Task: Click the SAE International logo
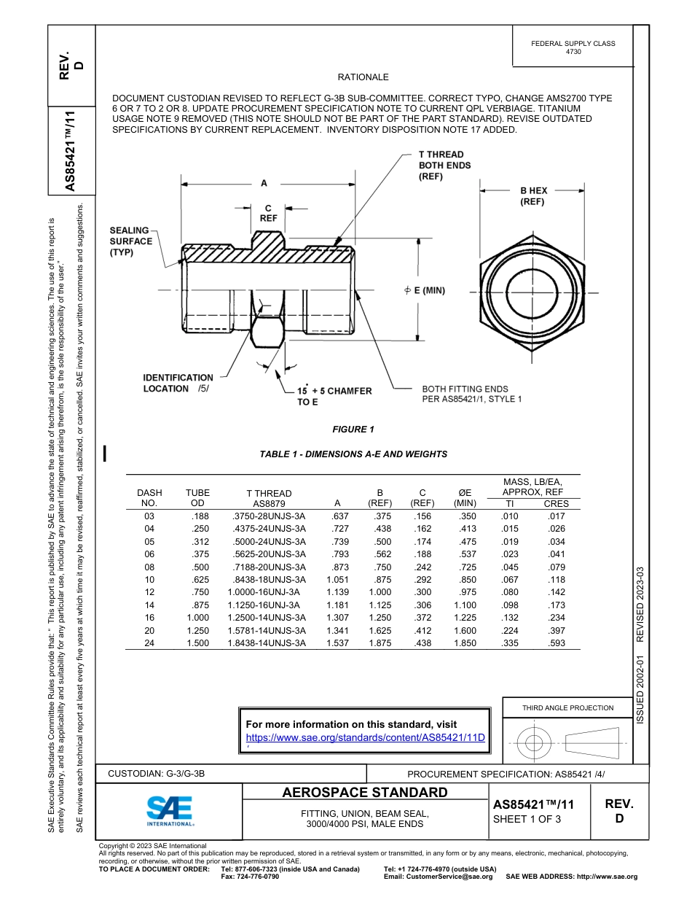tap(170, 810)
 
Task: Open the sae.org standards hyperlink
tap(365, 737)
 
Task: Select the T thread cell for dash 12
tap(267, 593)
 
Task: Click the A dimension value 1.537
tap(337, 643)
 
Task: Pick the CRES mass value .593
tap(557, 643)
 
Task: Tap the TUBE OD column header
tap(197, 498)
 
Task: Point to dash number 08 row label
tap(149, 567)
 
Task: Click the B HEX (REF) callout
tap(533, 196)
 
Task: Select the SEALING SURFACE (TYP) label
tap(131, 241)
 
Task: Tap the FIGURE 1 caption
tap(353, 429)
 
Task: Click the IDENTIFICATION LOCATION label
tap(178, 383)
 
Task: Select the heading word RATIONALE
tap(363, 77)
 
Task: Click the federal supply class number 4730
tap(573, 53)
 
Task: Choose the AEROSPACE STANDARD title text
tap(365, 793)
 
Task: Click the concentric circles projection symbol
tap(534, 743)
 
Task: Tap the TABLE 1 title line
tap(353, 454)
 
